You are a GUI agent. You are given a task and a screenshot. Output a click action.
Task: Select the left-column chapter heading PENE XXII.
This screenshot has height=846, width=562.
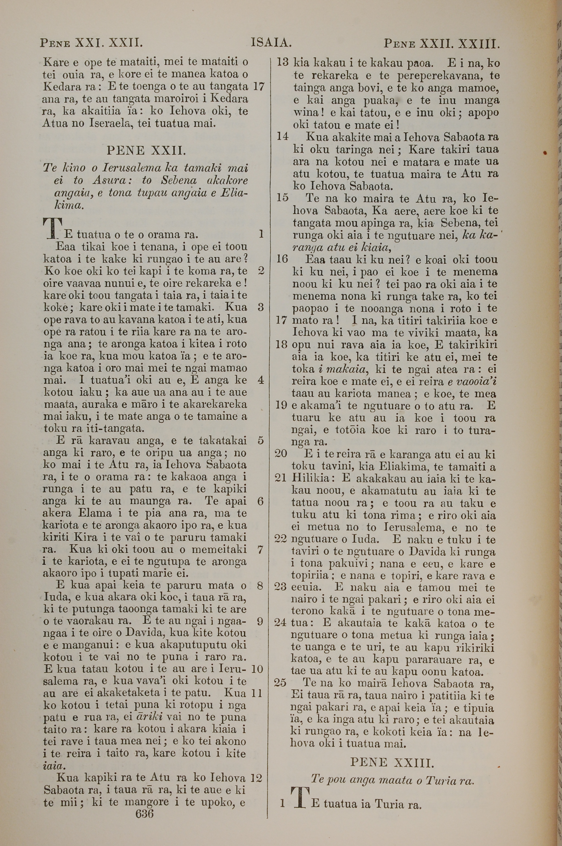click(146, 151)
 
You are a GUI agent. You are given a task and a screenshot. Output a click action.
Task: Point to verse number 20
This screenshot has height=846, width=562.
click(281, 454)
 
